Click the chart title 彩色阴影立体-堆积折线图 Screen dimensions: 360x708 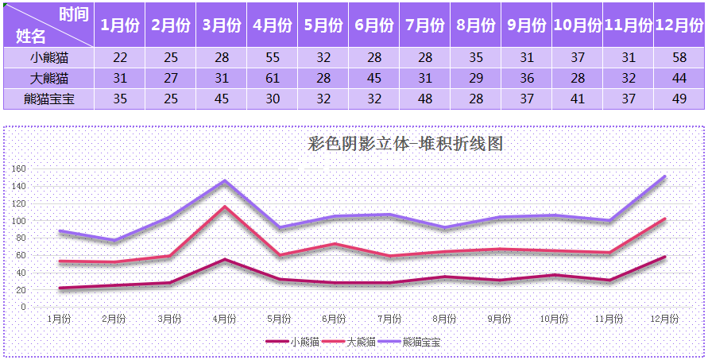click(405, 144)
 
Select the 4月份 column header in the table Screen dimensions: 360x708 click(272, 25)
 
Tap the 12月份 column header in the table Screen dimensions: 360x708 click(679, 25)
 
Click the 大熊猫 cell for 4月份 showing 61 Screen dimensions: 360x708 click(272, 78)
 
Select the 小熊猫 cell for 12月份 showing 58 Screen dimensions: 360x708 click(679, 57)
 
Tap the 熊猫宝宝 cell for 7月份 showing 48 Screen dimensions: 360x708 click(424, 99)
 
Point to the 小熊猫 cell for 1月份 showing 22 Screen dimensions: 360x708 click(120, 57)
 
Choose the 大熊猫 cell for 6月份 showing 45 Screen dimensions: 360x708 click(374, 78)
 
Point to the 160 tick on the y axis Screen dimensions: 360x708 click(19, 168)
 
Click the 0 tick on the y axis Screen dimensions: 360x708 click(24, 306)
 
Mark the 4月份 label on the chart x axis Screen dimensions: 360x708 click(224, 319)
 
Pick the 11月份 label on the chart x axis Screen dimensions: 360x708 click(609, 319)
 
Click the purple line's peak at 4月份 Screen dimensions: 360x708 click(225, 180)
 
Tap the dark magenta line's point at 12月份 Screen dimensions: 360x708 click(664, 257)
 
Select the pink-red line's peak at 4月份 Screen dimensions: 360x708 click(225, 207)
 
